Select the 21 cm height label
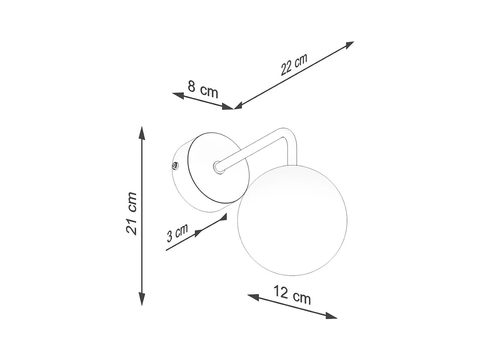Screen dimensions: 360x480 tap(132, 213)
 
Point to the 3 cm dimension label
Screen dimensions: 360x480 tap(177, 233)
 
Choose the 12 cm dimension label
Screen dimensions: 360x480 tap(292, 295)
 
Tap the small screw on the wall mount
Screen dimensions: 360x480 tap(175, 166)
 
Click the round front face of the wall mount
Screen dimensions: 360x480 tap(218, 168)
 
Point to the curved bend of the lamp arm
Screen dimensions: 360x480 tap(287, 134)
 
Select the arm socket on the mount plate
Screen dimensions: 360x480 tap(218, 167)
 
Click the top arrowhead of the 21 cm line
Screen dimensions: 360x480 tap(142, 132)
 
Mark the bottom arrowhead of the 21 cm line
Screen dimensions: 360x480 tap(142, 299)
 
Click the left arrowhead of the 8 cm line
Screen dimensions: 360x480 tap(178, 95)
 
